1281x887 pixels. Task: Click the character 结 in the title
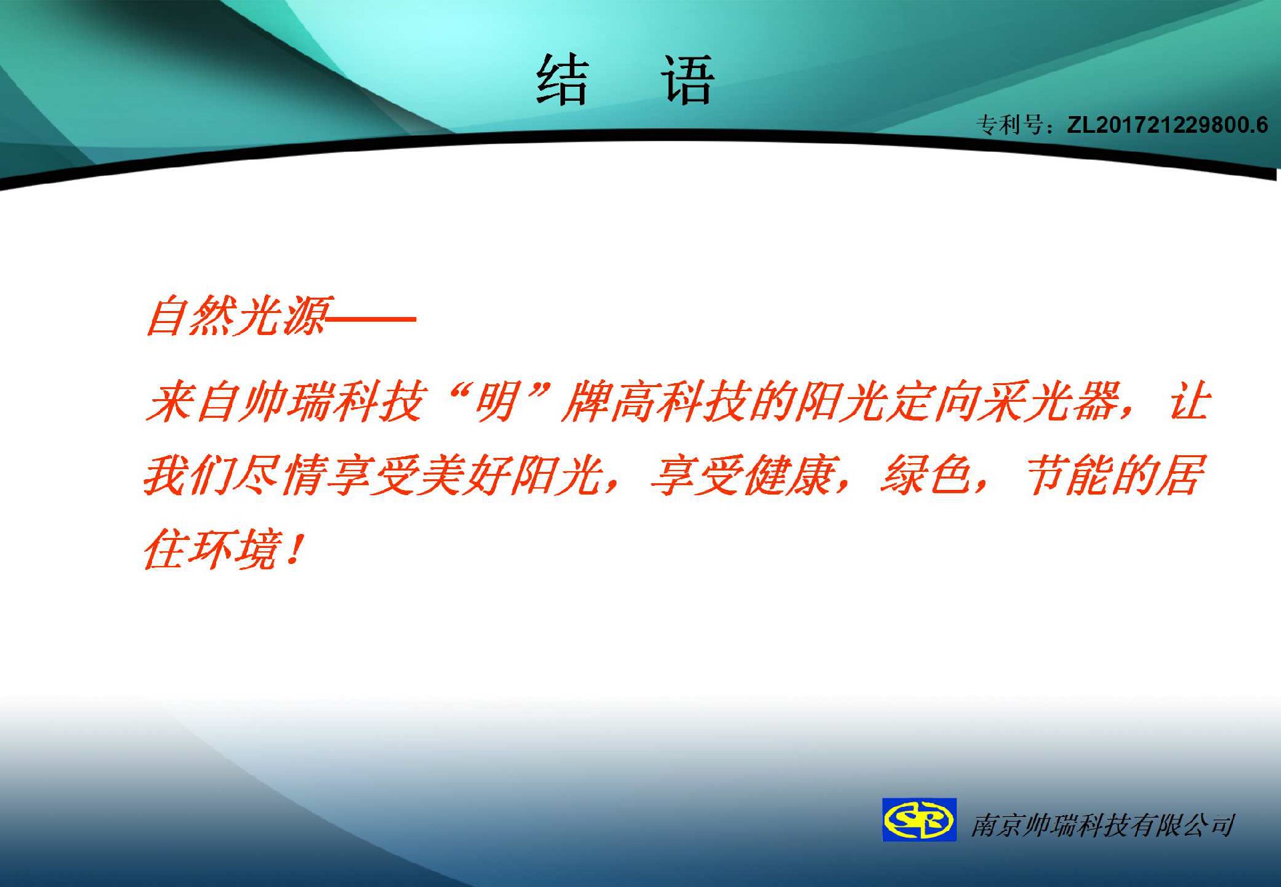(562, 80)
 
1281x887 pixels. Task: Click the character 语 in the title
(687, 80)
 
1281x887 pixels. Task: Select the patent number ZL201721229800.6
(1168, 125)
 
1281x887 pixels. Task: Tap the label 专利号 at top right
(1009, 125)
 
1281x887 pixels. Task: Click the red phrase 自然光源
(238, 316)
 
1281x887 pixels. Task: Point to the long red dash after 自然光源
(372, 319)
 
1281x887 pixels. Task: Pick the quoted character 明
(497, 402)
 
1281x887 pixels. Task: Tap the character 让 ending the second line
(1190, 402)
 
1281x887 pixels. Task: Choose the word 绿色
(927, 476)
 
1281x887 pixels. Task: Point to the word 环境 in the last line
(234, 549)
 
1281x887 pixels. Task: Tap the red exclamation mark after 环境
(294, 549)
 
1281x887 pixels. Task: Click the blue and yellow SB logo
(919, 820)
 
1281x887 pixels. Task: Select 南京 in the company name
(997, 826)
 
